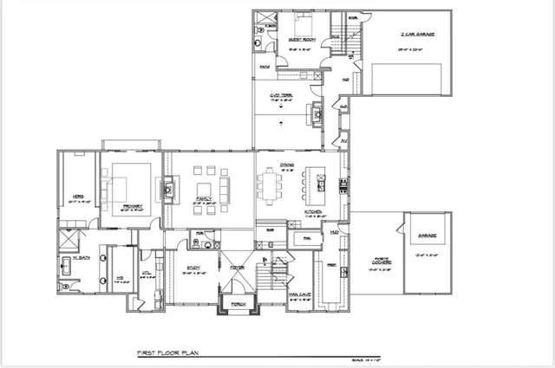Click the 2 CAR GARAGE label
(x=417, y=34)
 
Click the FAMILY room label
(x=205, y=199)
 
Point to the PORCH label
(x=238, y=304)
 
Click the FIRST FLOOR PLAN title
(x=170, y=353)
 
